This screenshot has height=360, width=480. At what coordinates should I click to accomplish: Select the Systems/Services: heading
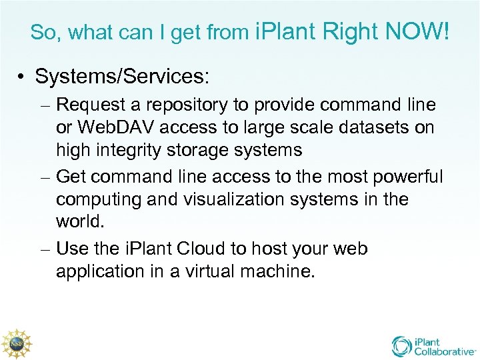pos(122,76)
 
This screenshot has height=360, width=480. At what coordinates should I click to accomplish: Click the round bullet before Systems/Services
pos(23,77)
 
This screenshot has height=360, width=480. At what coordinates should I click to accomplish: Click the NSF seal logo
pos(16,343)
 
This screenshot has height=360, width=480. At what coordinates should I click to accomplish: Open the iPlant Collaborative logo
pos(433,346)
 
